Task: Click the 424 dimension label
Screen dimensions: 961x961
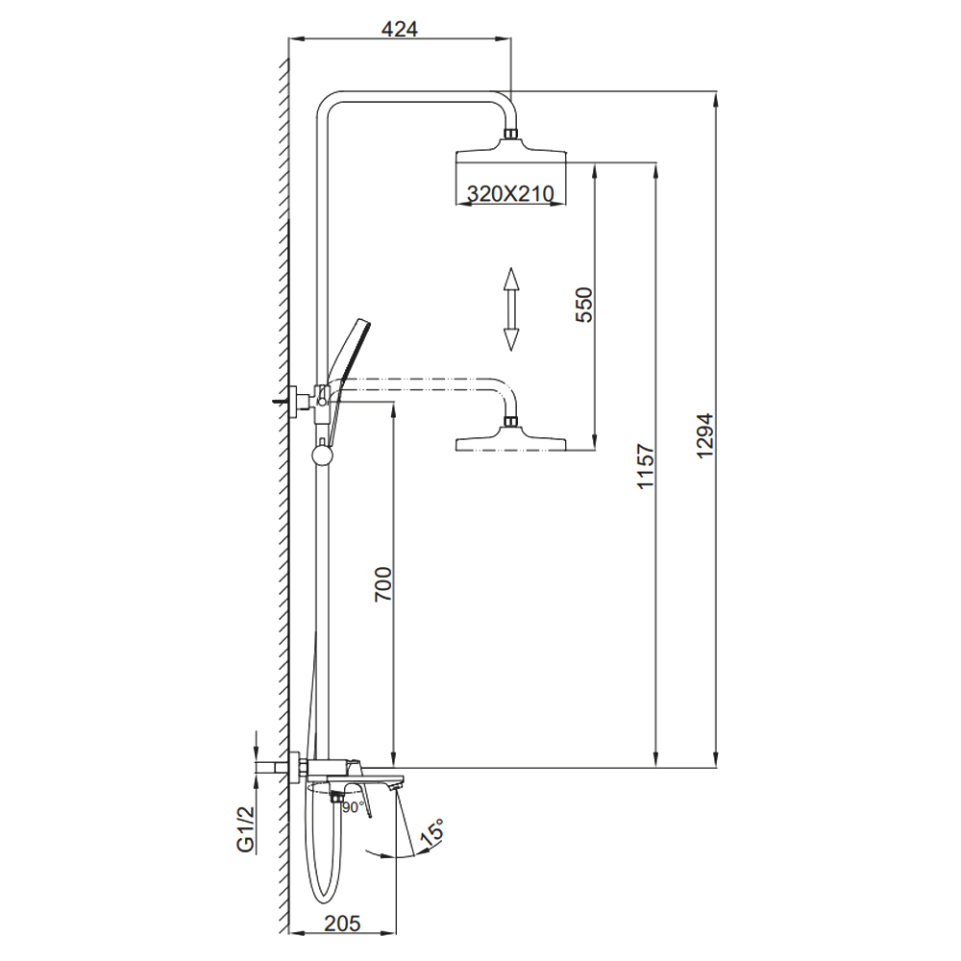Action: (x=399, y=29)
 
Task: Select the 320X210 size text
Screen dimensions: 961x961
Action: (x=510, y=194)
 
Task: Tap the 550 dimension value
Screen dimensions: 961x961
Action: (x=584, y=305)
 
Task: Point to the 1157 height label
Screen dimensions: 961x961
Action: (x=646, y=466)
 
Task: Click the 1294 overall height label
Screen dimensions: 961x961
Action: (x=705, y=435)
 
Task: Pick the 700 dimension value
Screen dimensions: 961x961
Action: (x=383, y=584)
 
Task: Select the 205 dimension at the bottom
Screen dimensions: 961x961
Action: (x=342, y=923)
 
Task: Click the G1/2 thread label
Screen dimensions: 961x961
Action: (x=245, y=828)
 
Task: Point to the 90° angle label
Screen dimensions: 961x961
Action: (x=353, y=808)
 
